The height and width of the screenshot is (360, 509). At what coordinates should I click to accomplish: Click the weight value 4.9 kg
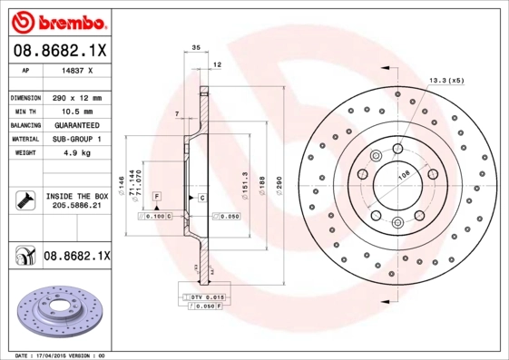76,153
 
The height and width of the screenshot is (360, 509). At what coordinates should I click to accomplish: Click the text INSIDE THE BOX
76,195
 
